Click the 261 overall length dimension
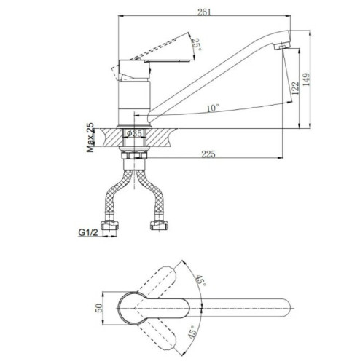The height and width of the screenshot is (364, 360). pos(204,12)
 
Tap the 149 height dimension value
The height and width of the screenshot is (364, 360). pos(307,79)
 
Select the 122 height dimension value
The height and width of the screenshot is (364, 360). pos(295,88)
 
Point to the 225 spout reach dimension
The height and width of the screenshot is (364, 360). pos(208,154)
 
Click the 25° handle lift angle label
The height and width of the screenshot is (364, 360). pos(197,45)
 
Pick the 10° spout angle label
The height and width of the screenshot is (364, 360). pos(213,108)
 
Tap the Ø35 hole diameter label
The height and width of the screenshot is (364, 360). pos(134,133)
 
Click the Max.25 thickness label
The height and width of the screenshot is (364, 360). pos(90,138)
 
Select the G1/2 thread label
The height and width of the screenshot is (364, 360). pos(88,232)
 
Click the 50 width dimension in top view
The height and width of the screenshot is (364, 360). pos(100,308)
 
